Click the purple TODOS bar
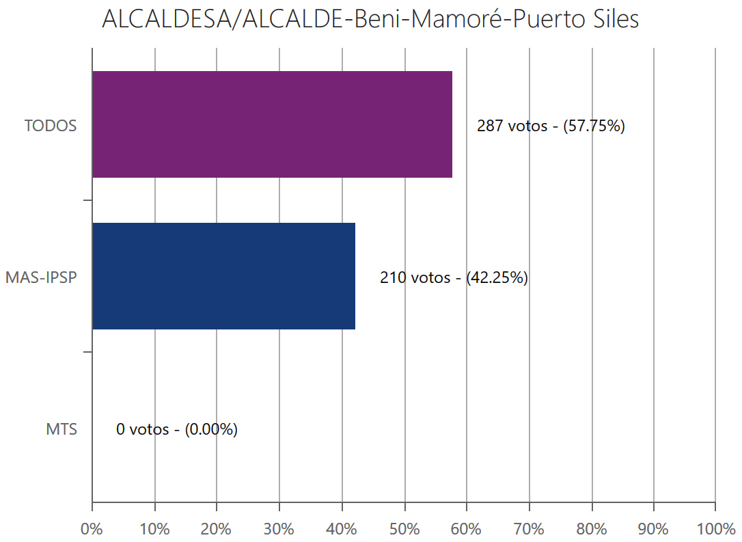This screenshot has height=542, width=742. click(272, 124)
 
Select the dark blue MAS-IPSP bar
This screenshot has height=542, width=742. click(223, 276)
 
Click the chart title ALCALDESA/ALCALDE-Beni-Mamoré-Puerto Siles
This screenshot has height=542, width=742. click(370, 19)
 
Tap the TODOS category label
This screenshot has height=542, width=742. click(51, 126)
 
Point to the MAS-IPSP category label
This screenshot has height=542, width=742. click(41, 278)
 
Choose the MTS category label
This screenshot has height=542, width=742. click(61, 430)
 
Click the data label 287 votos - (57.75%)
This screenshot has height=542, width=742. click(551, 126)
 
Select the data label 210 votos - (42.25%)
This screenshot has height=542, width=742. click(454, 278)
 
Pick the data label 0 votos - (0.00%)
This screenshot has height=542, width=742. click(177, 430)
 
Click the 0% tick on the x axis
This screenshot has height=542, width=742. click(92, 529)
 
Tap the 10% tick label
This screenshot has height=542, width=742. click(154, 529)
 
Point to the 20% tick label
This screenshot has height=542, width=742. click(217, 529)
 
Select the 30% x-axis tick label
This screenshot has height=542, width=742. click(279, 529)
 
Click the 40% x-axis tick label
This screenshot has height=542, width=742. click(342, 529)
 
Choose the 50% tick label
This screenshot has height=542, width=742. click(404, 529)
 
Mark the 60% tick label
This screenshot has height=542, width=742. click(466, 529)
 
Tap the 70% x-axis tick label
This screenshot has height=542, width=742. click(529, 529)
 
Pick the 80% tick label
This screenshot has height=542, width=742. click(591, 529)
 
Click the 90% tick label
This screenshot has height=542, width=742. click(653, 529)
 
